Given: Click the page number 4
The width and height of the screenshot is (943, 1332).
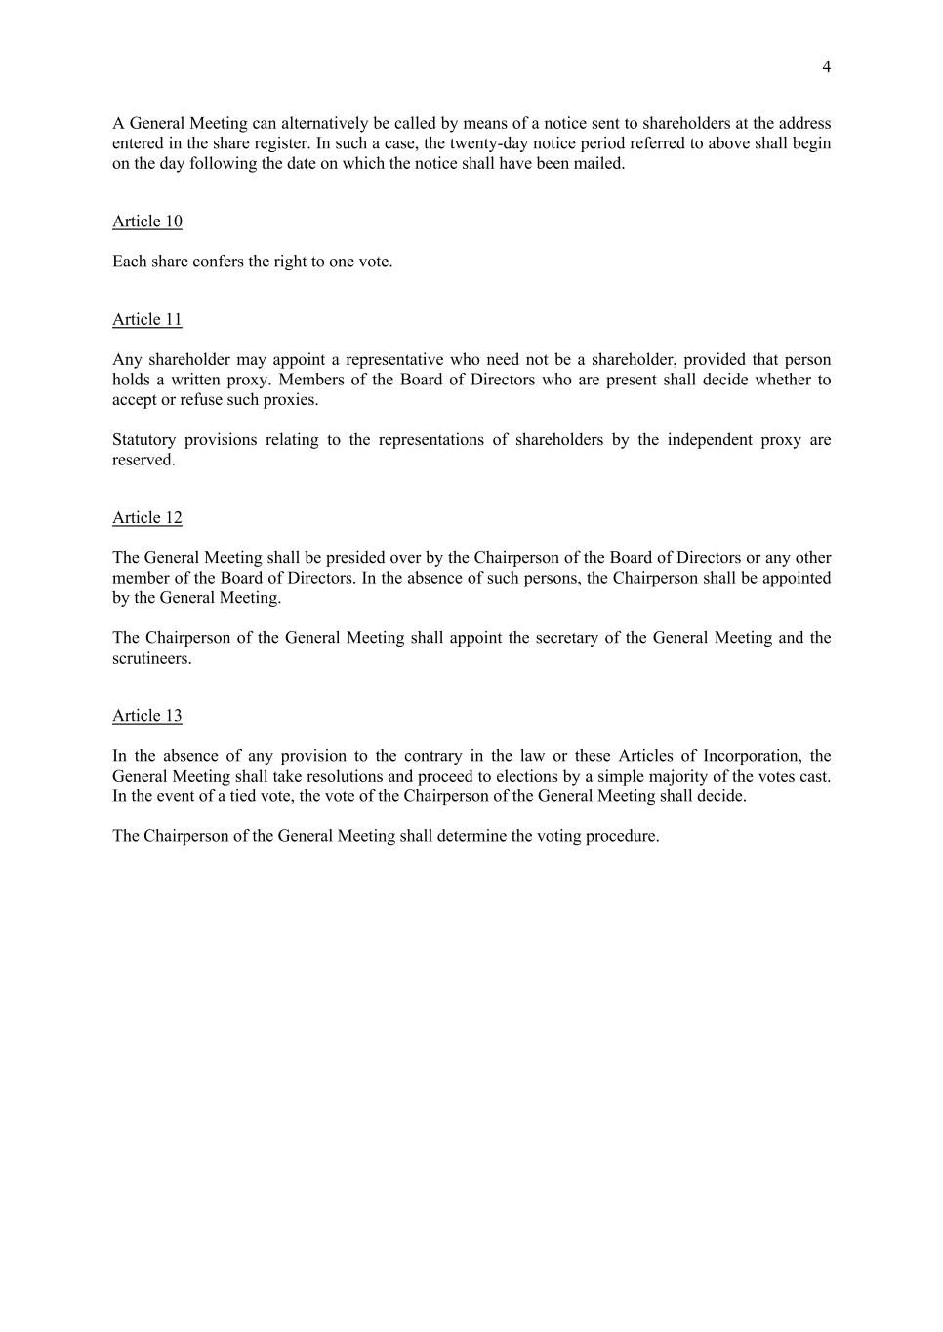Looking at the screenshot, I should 826,67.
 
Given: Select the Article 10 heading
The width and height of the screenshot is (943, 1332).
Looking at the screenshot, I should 147,222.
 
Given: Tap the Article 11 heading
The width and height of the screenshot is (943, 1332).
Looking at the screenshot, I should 147,320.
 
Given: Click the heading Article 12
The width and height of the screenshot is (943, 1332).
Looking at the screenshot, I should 147,518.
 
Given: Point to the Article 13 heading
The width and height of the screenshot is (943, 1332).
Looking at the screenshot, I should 147,716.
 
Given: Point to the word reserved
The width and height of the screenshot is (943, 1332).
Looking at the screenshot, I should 143,461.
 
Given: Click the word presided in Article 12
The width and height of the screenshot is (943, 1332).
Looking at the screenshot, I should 355,558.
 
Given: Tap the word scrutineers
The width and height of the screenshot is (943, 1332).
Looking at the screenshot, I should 151,659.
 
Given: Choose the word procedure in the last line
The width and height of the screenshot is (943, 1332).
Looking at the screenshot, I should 622,836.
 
